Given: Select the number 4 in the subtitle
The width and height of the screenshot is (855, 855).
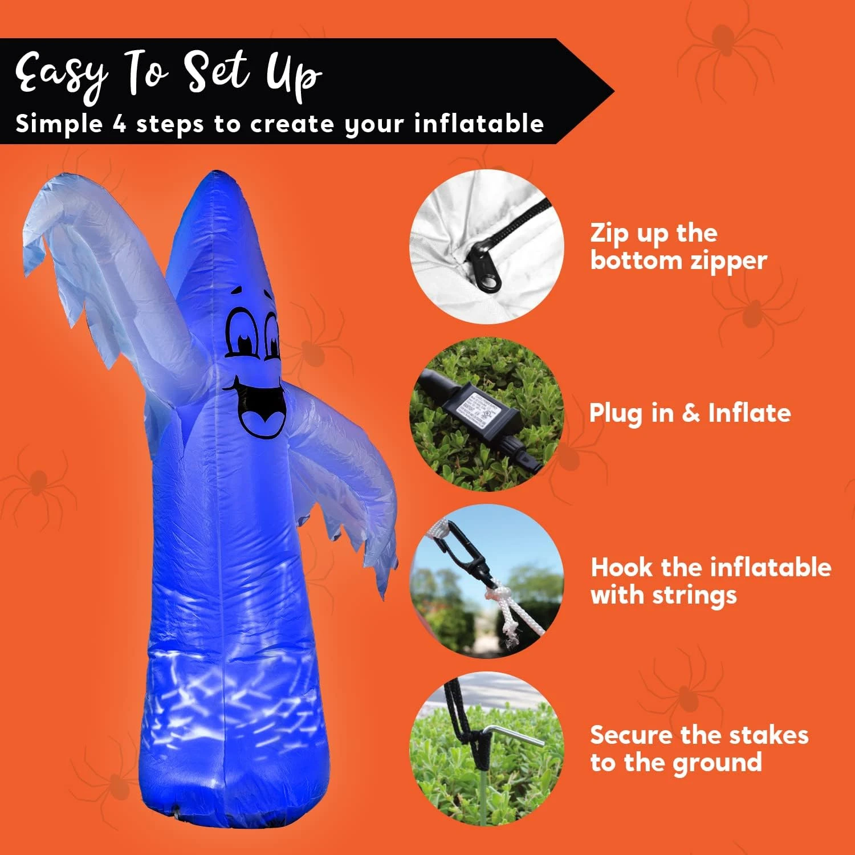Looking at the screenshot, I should coord(119,124).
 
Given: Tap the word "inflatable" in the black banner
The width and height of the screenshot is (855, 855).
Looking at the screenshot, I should coord(479,124).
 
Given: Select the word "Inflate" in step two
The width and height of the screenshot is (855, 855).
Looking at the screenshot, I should coord(749,413).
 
